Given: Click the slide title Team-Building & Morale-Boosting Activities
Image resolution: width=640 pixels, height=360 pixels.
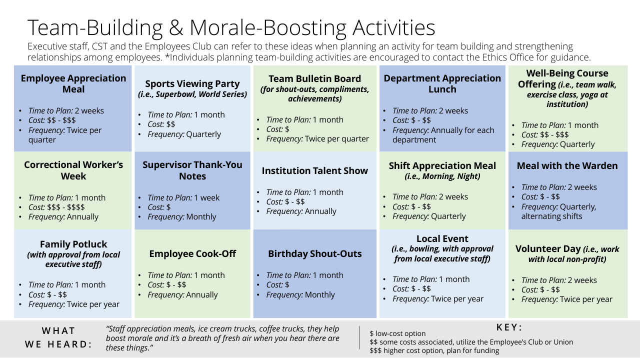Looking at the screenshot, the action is tap(231, 27).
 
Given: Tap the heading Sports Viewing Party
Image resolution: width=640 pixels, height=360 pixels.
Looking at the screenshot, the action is tap(192, 83).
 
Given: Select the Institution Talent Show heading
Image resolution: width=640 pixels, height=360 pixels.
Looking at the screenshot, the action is tap(315, 170).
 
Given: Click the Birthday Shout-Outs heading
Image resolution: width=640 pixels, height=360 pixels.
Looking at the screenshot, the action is tap(315, 253).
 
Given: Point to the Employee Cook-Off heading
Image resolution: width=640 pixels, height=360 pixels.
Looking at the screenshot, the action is tap(192, 253).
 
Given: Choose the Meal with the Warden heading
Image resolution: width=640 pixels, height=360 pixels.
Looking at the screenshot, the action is tap(567, 165).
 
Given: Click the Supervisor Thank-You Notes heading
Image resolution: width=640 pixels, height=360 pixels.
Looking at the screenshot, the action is tap(192, 170).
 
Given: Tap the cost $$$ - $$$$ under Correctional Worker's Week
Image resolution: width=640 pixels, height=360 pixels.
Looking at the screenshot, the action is tap(66, 207).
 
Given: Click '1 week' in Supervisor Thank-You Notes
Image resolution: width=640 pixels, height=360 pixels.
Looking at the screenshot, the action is tap(207, 197).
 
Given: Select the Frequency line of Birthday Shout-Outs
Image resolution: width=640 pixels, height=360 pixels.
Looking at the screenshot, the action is tap(300, 294).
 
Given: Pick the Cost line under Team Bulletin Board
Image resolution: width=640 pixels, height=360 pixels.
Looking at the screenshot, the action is tap(277, 129).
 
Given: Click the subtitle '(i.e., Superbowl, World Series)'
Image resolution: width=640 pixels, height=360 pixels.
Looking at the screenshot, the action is tap(192, 94).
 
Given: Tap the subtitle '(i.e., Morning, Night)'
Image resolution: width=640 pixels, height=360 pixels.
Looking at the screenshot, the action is tap(442, 176).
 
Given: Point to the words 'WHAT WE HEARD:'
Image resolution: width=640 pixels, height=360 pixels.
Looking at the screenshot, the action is tap(58, 337).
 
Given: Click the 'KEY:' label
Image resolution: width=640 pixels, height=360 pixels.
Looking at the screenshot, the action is tap(509, 327).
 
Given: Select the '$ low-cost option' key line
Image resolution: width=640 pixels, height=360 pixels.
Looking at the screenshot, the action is tap(397, 333).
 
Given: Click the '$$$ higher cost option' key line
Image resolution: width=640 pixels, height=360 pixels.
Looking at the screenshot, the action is tap(434, 350).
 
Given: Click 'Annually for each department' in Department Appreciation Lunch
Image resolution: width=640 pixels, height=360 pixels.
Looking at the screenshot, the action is tap(443, 135).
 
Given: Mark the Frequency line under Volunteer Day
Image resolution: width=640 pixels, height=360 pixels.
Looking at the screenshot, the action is tap(567, 299).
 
